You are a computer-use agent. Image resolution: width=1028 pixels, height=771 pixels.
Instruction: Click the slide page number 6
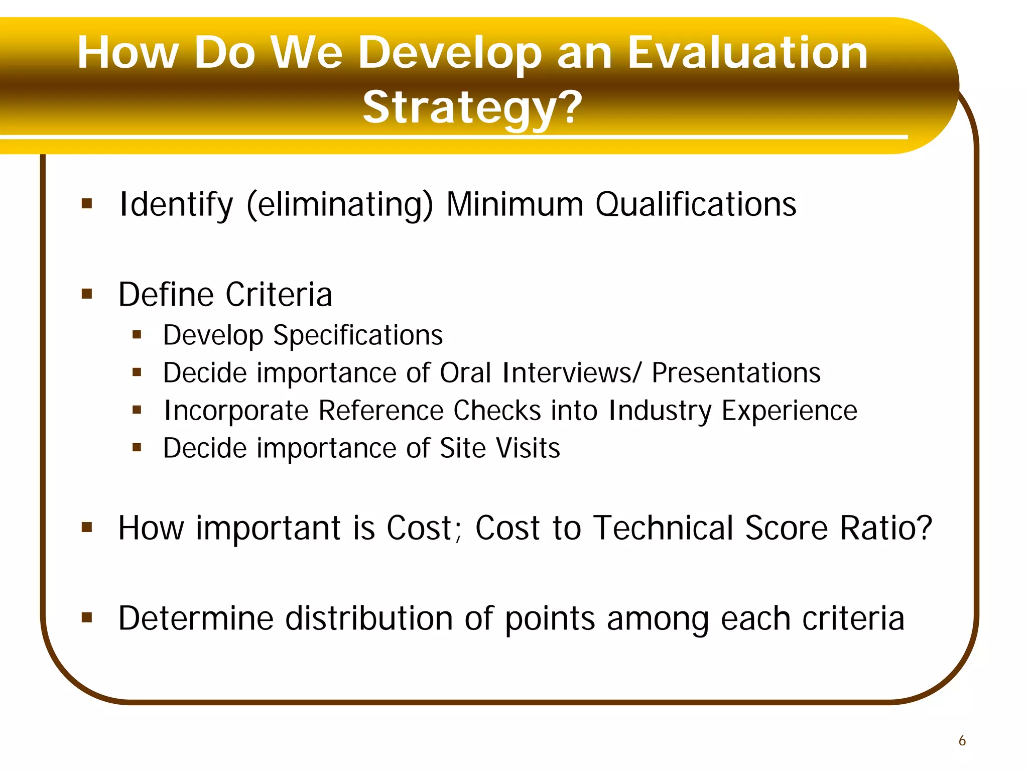pyautogui.click(x=962, y=740)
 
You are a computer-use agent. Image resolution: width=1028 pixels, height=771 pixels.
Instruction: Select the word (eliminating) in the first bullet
pyautogui.click(x=340, y=205)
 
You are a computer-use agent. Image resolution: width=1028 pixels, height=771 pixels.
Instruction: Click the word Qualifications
pyautogui.click(x=696, y=205)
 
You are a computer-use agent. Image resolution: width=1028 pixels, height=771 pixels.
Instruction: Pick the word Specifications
pyautogui.click(x=358, y=335)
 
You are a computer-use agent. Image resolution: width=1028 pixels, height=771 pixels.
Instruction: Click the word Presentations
pyautogui.click(x=736, y=373)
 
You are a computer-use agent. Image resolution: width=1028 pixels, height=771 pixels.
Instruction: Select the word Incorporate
pyautogui.click(x=236, y=411)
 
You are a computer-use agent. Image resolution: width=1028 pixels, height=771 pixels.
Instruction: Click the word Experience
pyautogui.click(x=789, y=411)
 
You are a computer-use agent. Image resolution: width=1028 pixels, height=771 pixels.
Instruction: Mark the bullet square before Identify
pyautogui.click(x=87, y=204)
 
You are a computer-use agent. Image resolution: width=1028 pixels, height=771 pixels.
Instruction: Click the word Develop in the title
pyautogui.click(x=450, y=54)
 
